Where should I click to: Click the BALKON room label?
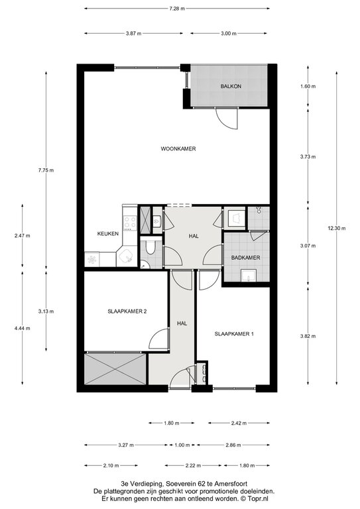[x=231, y=86]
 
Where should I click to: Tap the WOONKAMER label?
[x=178, y=148]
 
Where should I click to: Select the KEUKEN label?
[x=108, y=233]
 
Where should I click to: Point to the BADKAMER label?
[x=245, y=258]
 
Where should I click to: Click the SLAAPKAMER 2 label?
[x=127, y=311]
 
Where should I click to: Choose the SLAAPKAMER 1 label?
[x=234, y=334]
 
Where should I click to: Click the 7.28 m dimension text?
[x=177, y=9]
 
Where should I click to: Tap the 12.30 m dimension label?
[x=337, y=228]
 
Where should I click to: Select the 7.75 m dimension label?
[x=46, y=170]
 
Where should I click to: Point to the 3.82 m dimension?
[x=308, y=336]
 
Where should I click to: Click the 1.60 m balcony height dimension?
[x=308, y=86]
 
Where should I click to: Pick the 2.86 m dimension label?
[x=233, y=445]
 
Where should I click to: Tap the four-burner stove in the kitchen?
[x=130, y=223]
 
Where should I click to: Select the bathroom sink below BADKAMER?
[x=249, y=276]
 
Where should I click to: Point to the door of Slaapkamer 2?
[x=159, y=339]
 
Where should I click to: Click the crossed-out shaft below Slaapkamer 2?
[x=115, y=369]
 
